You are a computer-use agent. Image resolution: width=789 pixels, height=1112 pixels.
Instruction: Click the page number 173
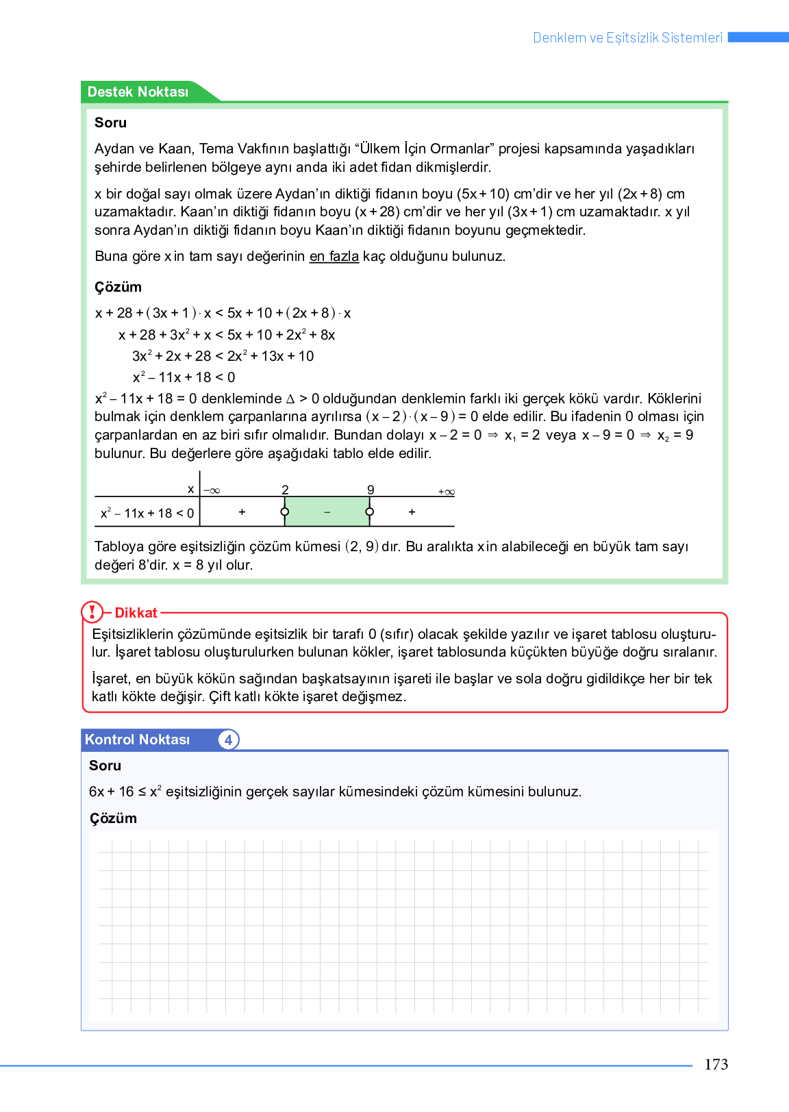[716, 1064]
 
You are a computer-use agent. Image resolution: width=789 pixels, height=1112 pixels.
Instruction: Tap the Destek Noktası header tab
[138, 92]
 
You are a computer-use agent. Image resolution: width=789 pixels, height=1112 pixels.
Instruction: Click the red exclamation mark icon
[92, 611]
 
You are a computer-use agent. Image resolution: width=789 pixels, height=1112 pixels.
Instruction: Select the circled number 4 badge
[228, 740]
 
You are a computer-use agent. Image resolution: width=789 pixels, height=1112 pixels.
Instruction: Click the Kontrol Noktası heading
[137, 740]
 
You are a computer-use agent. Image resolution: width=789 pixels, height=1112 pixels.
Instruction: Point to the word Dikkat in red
[136, 613]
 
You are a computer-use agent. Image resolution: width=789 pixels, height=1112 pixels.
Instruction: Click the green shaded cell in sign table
[327, 512]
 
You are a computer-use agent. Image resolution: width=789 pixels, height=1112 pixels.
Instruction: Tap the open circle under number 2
[285, 512]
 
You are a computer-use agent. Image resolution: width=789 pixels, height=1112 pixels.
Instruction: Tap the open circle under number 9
[370, 512]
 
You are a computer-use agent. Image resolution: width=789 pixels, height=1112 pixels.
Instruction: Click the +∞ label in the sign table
[446, 492]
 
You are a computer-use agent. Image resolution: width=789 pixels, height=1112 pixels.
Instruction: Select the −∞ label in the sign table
[212, 491]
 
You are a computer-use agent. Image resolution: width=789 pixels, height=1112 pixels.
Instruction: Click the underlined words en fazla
[334, 256]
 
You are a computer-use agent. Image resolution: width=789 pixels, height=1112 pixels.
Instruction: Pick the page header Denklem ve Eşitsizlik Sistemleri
[627, 38]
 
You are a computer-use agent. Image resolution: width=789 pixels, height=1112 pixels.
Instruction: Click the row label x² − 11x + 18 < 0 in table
[147, 513]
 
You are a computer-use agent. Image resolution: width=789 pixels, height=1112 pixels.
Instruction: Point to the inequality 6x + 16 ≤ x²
[125, 792]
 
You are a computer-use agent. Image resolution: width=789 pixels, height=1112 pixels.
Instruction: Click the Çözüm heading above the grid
[113, 818]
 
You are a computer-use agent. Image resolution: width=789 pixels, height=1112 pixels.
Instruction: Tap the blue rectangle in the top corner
[757, 37]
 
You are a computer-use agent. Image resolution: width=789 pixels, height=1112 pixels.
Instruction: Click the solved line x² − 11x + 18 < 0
[184, 377]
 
